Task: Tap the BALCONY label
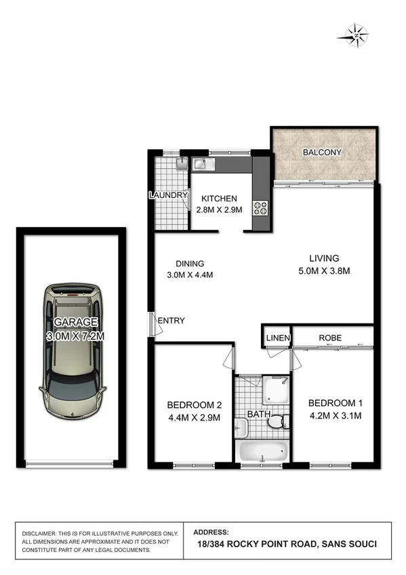coord(322,153)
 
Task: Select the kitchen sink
coord(201,163)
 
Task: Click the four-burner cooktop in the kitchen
coord(260,207)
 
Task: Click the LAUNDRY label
coord(168,195)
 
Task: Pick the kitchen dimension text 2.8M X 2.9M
coord(217,210)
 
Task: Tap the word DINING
coord(190,264)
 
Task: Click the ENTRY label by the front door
coord(172,321)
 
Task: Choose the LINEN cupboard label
coord(278,338)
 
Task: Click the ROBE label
coord(330,338)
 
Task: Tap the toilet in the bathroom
coord(275,422)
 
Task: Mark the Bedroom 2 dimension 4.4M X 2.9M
coord(194,418)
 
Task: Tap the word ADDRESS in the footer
coord(211,532)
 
